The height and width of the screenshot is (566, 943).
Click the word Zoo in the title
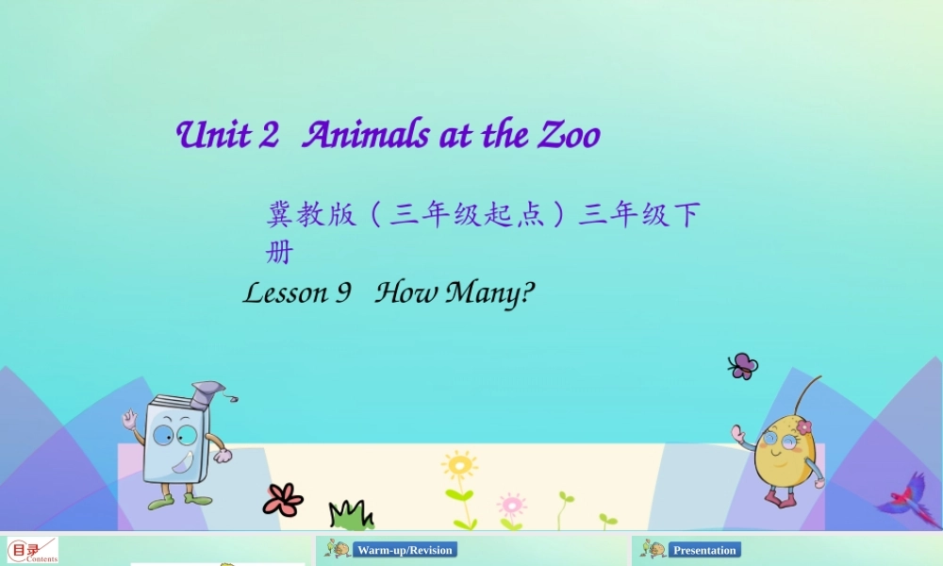click(x=569, y=136)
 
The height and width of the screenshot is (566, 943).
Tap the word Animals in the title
click(x=366, y=136)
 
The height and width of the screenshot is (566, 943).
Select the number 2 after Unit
click(x=269, y=136)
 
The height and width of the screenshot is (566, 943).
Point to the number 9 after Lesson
click(x=343, y=293)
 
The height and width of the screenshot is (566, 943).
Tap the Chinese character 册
click(x=279, y=253)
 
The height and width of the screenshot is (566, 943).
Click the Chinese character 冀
click(x=279, y=215)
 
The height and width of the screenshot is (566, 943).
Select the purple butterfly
click(x=743, y=365)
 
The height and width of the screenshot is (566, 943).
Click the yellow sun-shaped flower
click(x=459, y=466)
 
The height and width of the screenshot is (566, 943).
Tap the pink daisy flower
click(x=511, y=504)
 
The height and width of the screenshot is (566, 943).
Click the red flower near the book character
click(x=282, y=499)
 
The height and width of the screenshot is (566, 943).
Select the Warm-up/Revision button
click(x=405, y=550)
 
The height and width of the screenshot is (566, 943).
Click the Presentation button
click(x=704, y=550)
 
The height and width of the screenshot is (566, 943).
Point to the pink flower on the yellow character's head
click(x=802, y=427)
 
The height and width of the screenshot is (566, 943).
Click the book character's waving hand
click(x=129, y=419)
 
